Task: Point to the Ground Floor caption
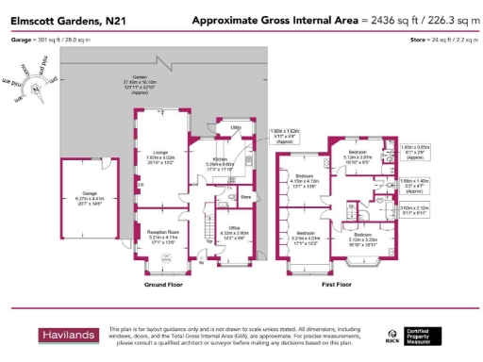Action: (x=164, y=283)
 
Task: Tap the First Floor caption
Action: (x=345, y=283)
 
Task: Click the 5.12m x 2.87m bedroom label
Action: (x=361, y=154)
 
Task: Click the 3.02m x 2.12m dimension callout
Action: (x=413, y=211)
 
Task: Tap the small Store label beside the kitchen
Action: (x=247, y=197)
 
